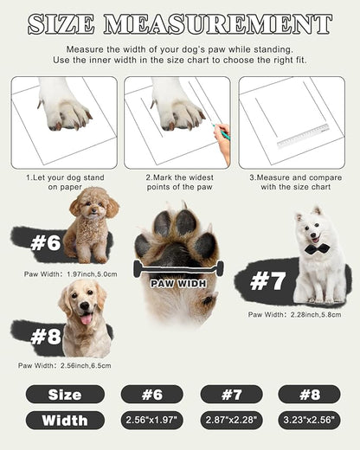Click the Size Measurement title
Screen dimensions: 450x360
180,23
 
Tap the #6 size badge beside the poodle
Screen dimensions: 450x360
45,243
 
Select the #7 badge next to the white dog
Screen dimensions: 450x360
267,280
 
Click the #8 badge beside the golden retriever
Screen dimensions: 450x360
44,337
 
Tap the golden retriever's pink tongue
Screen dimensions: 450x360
86,319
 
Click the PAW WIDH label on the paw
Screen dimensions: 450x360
178,282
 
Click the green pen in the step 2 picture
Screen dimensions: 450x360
223,132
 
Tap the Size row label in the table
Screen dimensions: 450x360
65,395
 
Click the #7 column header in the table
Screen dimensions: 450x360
231,395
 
